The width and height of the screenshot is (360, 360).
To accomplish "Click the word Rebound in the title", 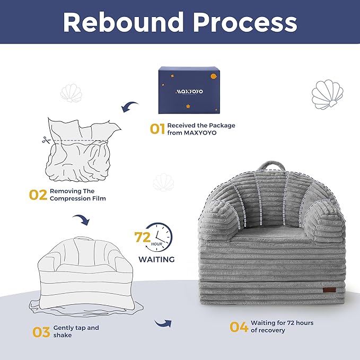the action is tap(124, 22).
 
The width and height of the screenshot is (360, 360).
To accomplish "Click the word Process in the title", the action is tap(245, 22).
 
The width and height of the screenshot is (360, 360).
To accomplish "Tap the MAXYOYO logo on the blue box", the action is tap(189, 92).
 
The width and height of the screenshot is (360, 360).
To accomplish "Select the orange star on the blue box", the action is tap(188, 106).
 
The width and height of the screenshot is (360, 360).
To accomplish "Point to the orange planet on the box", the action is tap(214, 76).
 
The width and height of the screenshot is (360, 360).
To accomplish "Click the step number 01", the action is tap(157, 129).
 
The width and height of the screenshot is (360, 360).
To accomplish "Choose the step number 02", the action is tap(38, 195).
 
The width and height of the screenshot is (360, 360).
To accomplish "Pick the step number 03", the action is tap(41, 332).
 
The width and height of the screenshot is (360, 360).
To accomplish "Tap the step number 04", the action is tap(239, 327).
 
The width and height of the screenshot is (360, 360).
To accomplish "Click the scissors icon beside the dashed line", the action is tap(46, 140).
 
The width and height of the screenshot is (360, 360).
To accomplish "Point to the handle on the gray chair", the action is tap(271, 165).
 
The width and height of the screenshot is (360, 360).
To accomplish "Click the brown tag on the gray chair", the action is tap(329, 289).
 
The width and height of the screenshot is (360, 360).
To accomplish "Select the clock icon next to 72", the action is tap(160, 236).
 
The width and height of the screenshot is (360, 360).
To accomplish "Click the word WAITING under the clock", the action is tap(156, 259).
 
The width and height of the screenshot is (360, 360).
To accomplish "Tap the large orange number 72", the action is tap(142, 237).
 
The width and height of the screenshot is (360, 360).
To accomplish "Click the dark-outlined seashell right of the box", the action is tap(328, 94).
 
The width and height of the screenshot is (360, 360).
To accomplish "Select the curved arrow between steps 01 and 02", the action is tap(129, 106).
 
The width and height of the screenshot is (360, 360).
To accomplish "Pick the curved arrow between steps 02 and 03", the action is tap(81, 219).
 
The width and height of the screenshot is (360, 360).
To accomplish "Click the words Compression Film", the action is tap(78, 199).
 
